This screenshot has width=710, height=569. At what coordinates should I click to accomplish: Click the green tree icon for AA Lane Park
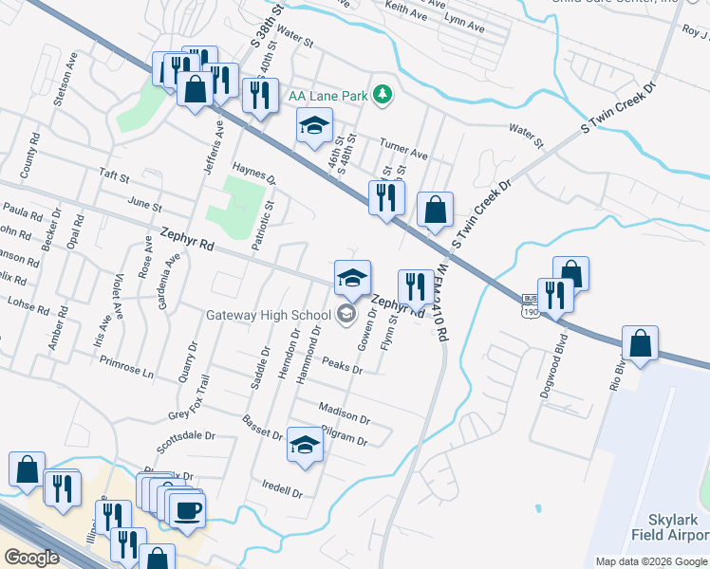pos(382,93)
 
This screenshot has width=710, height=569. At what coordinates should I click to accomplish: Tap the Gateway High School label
pos(269,315)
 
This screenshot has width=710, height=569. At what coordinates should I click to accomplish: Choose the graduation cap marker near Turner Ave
pos(314,124)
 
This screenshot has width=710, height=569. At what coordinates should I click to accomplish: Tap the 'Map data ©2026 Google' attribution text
pos(651,561)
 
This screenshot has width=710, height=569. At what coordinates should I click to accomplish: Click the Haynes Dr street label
pos(253,172)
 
